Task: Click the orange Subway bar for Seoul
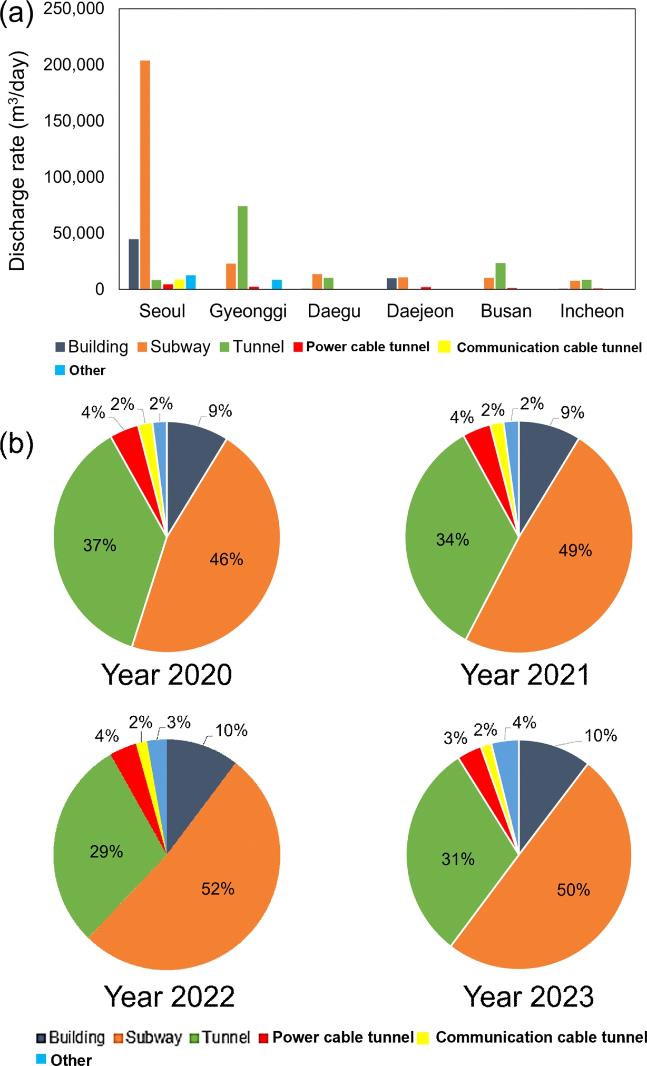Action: click(145, 174)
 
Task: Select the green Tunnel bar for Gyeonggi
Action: click(242, 248)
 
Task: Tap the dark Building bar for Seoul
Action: click(134, 264)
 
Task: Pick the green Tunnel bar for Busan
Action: click(501, 276)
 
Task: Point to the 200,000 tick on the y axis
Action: click(74, 65)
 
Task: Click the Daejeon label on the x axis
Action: click(420, 311)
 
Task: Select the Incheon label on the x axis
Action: click(592, 311)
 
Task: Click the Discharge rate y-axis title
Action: click(17, 161)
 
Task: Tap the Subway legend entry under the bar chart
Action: click(174, 347)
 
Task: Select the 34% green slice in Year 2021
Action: click(453, 540)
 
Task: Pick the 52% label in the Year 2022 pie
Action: click(218, 889)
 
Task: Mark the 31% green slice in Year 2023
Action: click(458, 860)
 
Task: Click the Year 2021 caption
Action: click(525, 675)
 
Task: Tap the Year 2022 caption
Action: click(169, 996)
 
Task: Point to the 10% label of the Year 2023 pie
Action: click(601, 736)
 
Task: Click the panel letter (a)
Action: click(16, 13)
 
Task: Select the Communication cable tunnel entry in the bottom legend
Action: click(532, 1037)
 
